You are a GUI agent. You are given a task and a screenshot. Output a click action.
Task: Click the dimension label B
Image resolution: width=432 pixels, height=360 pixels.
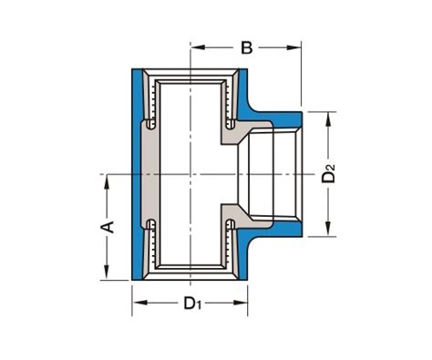click(246, 47)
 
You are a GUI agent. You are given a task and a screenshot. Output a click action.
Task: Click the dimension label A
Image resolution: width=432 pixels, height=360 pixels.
click(108, 227)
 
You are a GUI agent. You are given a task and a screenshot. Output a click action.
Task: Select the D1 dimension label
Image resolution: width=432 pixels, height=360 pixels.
click(192, 303)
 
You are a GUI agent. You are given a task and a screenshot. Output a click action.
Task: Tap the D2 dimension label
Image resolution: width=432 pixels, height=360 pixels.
click(328, 173)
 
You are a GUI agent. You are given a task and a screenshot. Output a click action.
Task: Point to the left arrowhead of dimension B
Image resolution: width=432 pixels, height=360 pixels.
click(198, 47)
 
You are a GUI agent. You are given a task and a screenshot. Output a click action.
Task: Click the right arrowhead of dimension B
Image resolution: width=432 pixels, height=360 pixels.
click(293, 47)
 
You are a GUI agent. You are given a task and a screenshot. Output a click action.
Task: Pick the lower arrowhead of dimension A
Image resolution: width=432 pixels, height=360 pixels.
click(107, 273)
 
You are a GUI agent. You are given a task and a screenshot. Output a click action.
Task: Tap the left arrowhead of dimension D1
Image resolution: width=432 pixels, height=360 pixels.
click(139, 303)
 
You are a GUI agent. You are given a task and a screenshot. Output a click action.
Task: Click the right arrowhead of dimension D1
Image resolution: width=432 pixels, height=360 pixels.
click(240, 303)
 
